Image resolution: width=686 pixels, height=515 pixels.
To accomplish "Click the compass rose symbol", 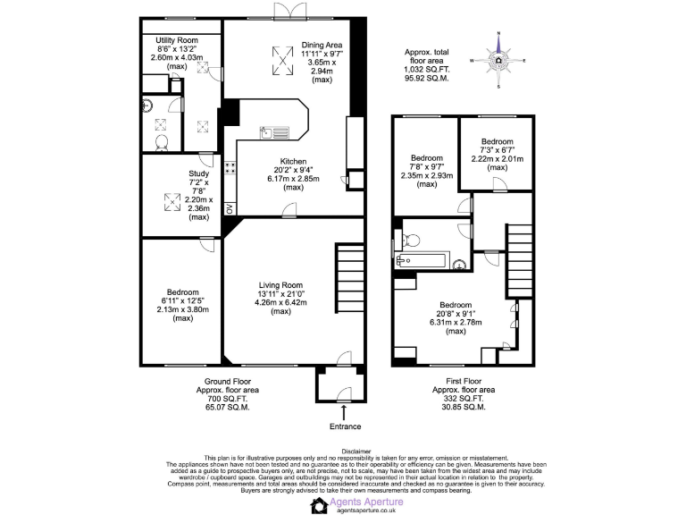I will pyautogui.click(x=498, y=61).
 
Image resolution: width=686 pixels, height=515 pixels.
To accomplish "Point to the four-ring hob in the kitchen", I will pyautogui.click(x=230, y=168).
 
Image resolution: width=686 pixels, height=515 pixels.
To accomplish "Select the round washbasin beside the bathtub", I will pyautogui.click(x=460, y=263).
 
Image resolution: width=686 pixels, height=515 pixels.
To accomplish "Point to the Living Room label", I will pyautogui.click(x=282, y=285).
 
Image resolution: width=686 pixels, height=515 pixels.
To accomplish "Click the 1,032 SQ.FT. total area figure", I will pyautogui.click(x=426, y=70).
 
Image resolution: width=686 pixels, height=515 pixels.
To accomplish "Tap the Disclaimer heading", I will pyautogui.click(x=343, y=452).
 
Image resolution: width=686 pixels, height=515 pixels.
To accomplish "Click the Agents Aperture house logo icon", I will pyautogui.click(x=319, y=505).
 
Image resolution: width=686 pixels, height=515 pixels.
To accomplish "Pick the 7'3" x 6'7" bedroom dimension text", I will pyautogui.click(x=498, y=150).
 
